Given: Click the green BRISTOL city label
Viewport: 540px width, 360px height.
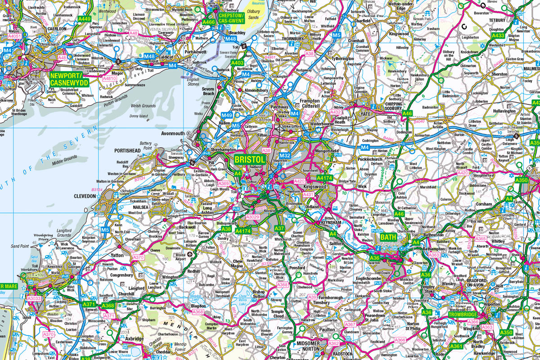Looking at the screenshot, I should [250, 160].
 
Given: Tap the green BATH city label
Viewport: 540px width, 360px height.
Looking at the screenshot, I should [388, 237].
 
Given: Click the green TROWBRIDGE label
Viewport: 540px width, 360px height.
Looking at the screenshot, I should [463, 315].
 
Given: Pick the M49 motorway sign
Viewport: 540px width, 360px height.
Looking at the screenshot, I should [227, 115].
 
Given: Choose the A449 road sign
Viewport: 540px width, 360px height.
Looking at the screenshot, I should [84, 19].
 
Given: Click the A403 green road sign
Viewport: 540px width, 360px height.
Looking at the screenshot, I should [237, 63].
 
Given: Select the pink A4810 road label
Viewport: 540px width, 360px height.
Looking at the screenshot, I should [110, 78].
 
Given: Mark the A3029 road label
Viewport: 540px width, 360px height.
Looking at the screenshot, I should [252, 217].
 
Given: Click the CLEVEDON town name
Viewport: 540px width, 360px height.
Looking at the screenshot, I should [86, 196].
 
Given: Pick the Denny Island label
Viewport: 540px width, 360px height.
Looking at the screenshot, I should [139, 116].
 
